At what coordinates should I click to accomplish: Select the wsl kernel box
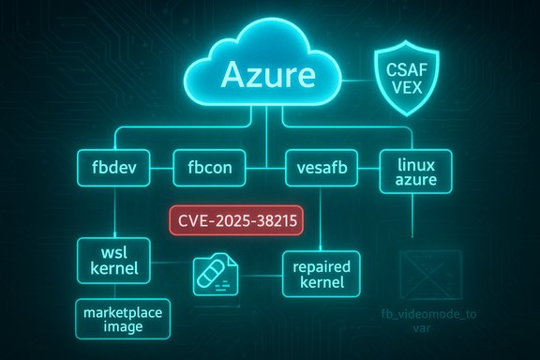coord(112,261)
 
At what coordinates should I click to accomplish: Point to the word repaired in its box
coord(320,264)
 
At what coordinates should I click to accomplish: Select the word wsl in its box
coord(113,252)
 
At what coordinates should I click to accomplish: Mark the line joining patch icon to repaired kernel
coord(261,273)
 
